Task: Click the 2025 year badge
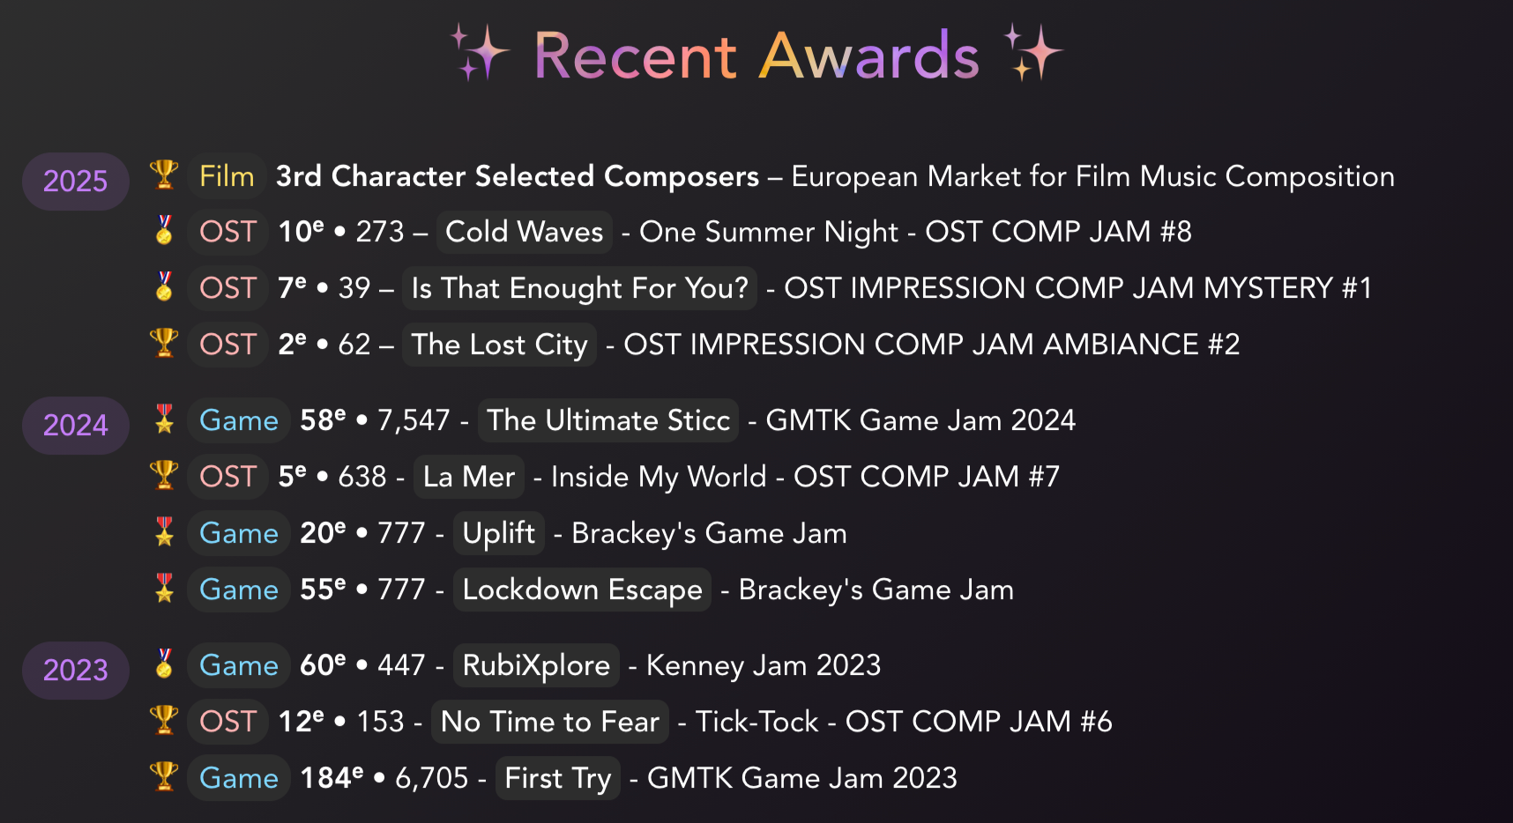pyautogui.click(x=76, y=182)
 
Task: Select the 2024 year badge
pyautogui.click(x=76, y=426)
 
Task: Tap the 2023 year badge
pyautogui.click(x=76, y=671)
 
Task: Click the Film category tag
pyautogui.click(x=227, y=176)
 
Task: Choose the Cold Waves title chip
pyautogui.click(x=524, y=232)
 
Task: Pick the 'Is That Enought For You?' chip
pyautogui.click(x=579, y=288)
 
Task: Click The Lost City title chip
pyautogui.click(x=499, y=345)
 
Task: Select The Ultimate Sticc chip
pyautogui.click(x=608, y=420)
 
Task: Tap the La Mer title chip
pyautogui.click(x=469, y=477)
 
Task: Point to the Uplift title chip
pyautogui.click(x=498, y=533)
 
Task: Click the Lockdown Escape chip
pyautogui.click(x=582, y=589)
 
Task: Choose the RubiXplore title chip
pyautogui.click(x=536, y=665)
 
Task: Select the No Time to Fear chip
pyautogui.click(x=550, y=722)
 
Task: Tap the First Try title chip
pyautogui.click(x=557, y=778)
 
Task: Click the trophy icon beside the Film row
pyautogui.click(x=164, y=174)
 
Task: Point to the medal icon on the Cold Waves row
pyautogui.click(x=164, y=231)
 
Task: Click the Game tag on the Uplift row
pyautogui.click(x=239, y=533)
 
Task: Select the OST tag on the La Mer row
pyautogui.click(x=227, y=477)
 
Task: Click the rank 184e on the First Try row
pyautogui.click(x=332, y=778)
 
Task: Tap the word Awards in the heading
pyautogui.click(x=868, y=56)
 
